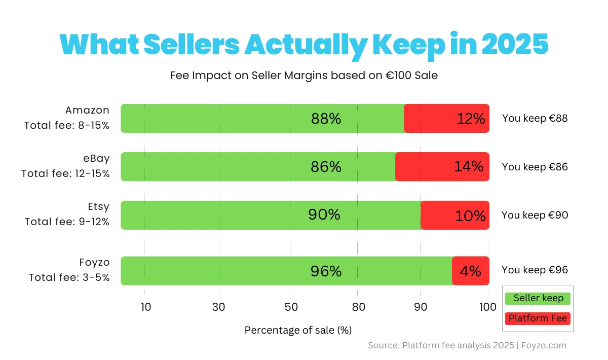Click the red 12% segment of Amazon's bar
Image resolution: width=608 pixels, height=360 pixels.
click(x=446, y=119)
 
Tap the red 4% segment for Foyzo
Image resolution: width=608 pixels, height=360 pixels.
click(x=471, y=271)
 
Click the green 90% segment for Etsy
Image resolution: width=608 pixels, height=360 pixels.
click(x=271, y=215)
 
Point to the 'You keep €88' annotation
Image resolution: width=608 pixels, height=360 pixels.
click(x=535, y=119)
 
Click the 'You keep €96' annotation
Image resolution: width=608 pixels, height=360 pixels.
click(x=535, y=270)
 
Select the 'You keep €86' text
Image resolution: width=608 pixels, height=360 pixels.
click(x=535, y=167)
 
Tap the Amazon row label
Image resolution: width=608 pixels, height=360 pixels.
click(x=87, y=111)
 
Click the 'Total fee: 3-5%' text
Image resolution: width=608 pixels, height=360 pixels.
click(x=69, y=278)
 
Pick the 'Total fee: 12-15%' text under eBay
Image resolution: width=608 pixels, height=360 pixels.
click(x=65, y=174)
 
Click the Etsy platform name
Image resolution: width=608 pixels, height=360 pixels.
click(x=98, y=207)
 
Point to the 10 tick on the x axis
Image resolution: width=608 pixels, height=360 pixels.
click(x=145, y=307)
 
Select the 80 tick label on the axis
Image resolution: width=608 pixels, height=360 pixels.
click(x=358, y=307)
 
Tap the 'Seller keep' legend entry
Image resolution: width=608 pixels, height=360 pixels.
click(x=538, y=298)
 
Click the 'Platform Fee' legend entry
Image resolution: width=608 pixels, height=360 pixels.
click(x=538, y=318)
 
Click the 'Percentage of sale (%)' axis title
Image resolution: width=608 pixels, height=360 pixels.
click(x=298, y=330)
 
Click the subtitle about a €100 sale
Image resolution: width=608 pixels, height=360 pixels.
click(x=304, y=76)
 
